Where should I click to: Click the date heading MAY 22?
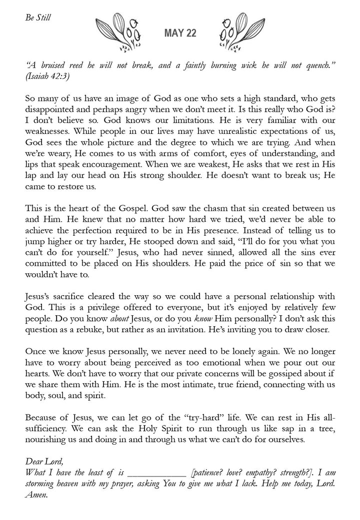tap(180, 33)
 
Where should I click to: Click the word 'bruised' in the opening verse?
tap(57, 65)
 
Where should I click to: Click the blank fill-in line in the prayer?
tap(156, 473)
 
